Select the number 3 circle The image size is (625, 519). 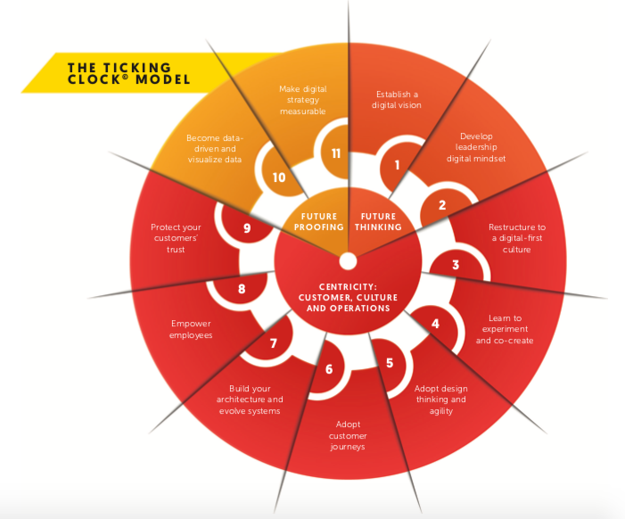click(x=456, y=265)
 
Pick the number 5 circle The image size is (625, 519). click(x=390, y=363)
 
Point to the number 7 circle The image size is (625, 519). click(x=274, y=343)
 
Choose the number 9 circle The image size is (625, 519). click(x=247, y=228)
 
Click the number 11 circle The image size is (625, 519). click(x=336, y=153)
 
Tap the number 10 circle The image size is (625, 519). click(x=279, y=177)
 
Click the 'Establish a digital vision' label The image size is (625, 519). click(x=397, y=98)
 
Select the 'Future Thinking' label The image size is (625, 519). click(x=379, y=221)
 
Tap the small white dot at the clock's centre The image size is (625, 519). click(x=348, y=260)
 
